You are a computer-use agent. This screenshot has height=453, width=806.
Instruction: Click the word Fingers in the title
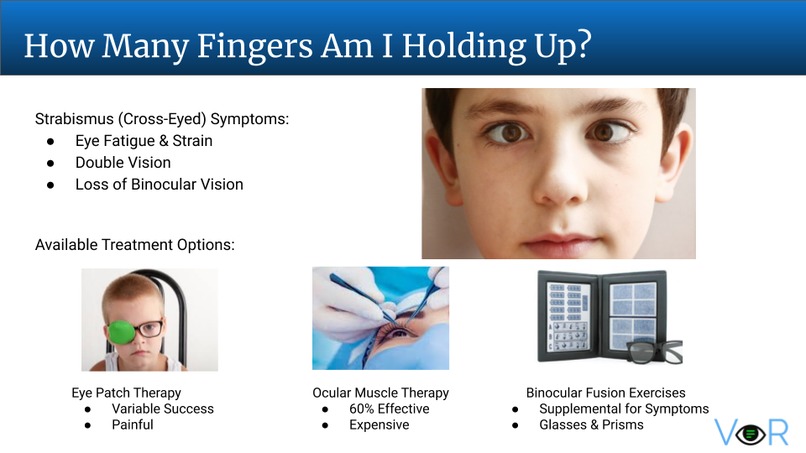pyautogui.click(x=254, y=47)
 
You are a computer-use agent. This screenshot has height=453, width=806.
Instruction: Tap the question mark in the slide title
pyautogui.click(x=584, y=44)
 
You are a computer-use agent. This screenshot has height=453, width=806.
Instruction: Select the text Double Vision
pyautogui.click(x=123, y=162)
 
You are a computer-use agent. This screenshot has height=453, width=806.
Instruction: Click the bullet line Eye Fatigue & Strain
pyautogui.click(x=143, y=141)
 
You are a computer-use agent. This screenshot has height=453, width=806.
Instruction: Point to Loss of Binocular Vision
pyautogui.click(x=159, y=184)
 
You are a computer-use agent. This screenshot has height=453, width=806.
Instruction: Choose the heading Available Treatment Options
pyautogui.click(x=135, y=245)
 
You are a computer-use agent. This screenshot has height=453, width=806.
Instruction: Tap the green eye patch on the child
pyautogui.click(x=121, y=333)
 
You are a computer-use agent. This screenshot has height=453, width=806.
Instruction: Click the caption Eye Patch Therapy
pyautogui.click(x=126, y=393)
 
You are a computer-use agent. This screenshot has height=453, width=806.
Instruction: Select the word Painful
pyautogui.click(x=132, y=425)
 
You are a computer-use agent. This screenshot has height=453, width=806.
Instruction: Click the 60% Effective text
pyautogui.click(x=389, y=409)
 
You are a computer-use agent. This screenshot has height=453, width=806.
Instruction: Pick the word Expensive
pyautogui.click(x=379, y=425)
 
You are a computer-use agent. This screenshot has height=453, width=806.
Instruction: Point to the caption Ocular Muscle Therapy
pyautogui.click(x=380, y=393)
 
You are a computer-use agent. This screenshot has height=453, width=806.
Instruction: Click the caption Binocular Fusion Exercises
pyautogui.click(x=606, y=393)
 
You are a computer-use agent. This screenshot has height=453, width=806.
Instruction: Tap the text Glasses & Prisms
pyautogui.click(x=591, y=425)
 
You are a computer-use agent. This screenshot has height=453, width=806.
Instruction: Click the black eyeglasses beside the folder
pyautogui.click(x=654, y=352)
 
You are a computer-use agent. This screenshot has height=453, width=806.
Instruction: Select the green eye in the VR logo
pyautogui.click(x=751, y=434)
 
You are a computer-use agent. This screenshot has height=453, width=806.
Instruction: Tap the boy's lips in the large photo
pyautogui.click(x=560, y=242)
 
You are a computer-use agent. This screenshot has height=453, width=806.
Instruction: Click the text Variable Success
pyautogui.click(x=162, y=409)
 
